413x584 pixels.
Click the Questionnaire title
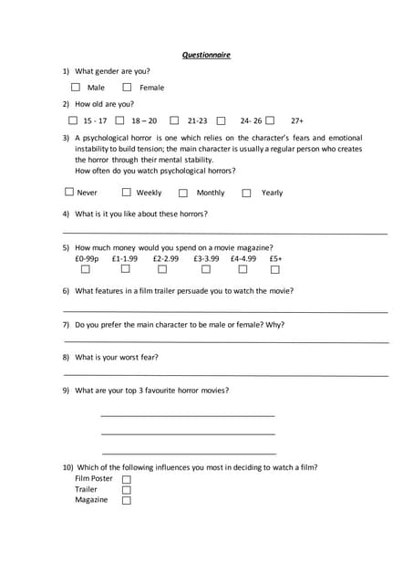pyautogui.click(x=206, y=55)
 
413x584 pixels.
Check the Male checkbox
pyautogui.click(x=76, y=88)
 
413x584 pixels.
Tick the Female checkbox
pyautogui.click(x=127, y=88)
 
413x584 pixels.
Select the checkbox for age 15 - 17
pyautogui.click(x=73, y=120)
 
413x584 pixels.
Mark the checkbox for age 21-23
pyautogui.click(x=174, y=120)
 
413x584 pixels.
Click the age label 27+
pyautogui.click(x=297, y=120)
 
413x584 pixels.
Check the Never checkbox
pyautogui.click(x=69, y=193)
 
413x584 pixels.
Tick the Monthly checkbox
pyautogui.click(x=183, y=193)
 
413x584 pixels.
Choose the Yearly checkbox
pyautogui.click(x=246, y=193)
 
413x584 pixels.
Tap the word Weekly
pyautogui.click(x=149, y=193)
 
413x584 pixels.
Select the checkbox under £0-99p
pyautogui.click(x=86, y=269)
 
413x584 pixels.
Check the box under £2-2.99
pyautogui.click(x=162, y=269)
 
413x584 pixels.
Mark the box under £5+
pyautogui.click(x=274, y=269)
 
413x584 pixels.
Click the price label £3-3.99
pyautogui.click(x=206, y=258)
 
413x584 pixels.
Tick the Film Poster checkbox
pyautogui.click(x=127, y=479)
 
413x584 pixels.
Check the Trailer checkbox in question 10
pyautogui.click(x=127, y=490)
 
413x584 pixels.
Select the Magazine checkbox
pyautogui.click(x=127, y=500)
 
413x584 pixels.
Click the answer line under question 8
pyautogui.click(x=226, y=374)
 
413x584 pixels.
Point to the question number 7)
pyautogui.click(x=66, y=324)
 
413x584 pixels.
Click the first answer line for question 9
pyautogui.click(x=188, y=416)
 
